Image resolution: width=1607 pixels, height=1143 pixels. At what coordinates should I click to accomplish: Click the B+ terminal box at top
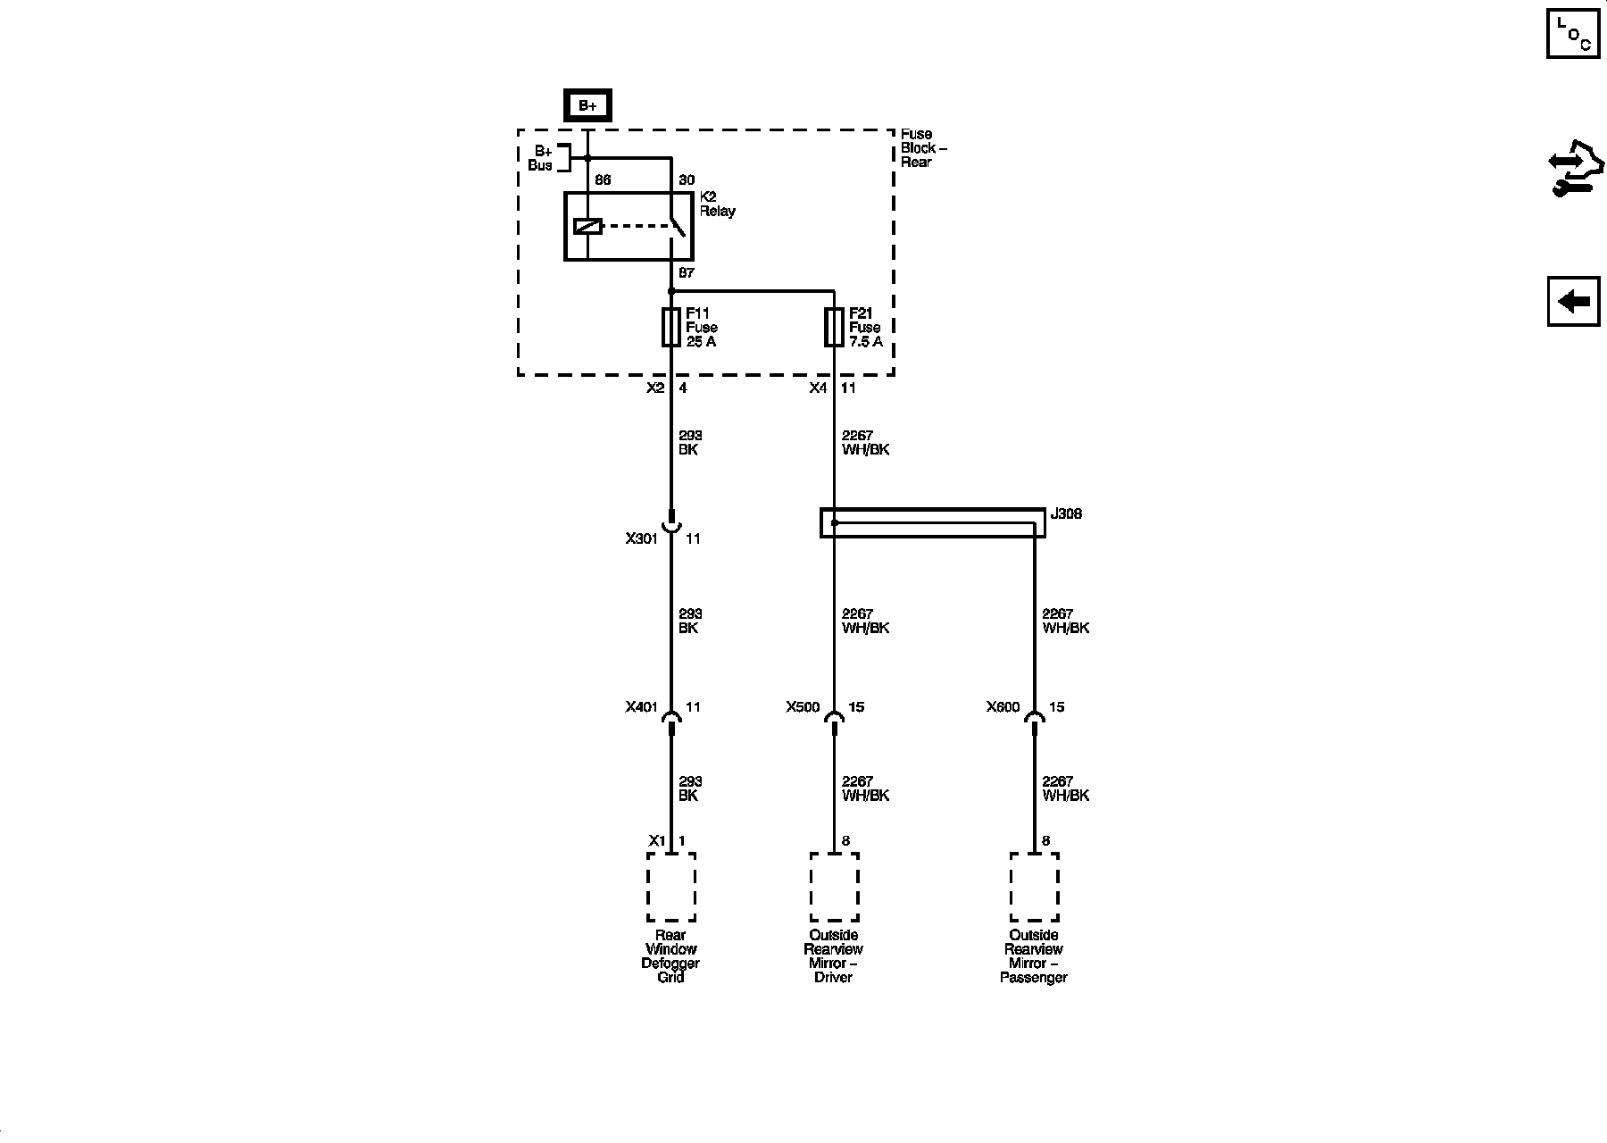[x=587, y=105]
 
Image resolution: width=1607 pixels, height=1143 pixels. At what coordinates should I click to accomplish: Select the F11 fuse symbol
[x=671, y=328]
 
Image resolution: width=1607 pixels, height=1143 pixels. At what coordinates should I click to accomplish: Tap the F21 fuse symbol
[x=834, y=328]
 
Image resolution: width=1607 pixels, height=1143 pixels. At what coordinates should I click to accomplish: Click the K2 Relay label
[x=717, y=204]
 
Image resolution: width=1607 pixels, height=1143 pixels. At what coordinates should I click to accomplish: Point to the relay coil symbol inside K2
[x=587, y=227]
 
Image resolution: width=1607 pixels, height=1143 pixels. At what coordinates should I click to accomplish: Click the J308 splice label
[x=1066, y=514]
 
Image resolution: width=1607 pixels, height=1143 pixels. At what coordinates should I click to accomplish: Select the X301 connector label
[x=641, y=538]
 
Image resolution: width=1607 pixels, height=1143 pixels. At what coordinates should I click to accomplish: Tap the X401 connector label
[x=641, y=707]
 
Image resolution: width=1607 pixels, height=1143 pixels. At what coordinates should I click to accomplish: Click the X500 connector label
[x=803, y=707]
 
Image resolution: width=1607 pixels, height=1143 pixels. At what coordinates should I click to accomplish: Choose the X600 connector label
[x=1003, y=707]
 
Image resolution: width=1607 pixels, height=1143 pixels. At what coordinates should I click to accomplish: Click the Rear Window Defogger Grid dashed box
[x=671, y=887]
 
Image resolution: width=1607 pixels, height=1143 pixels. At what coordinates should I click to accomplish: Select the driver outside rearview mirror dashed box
[x=834, y=887]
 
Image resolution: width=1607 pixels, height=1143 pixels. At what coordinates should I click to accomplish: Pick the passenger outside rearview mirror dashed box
[x=1034, y=887]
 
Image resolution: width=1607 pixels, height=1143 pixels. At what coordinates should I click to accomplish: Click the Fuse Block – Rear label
[x=922, y=148]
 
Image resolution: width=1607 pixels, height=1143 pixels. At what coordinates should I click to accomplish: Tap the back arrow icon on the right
[x=1573, y=302]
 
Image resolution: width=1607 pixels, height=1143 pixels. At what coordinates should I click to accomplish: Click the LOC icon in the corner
[x=1573, y=35]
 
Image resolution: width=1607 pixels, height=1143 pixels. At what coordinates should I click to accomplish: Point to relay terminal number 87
[x=686, y=273]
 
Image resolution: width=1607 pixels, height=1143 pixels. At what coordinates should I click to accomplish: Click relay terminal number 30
[x=686, y=180]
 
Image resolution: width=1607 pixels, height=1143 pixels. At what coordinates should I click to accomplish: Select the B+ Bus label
[x=541, y=158]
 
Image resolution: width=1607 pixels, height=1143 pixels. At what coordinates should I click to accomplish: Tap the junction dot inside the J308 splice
[x=835, y=523]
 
